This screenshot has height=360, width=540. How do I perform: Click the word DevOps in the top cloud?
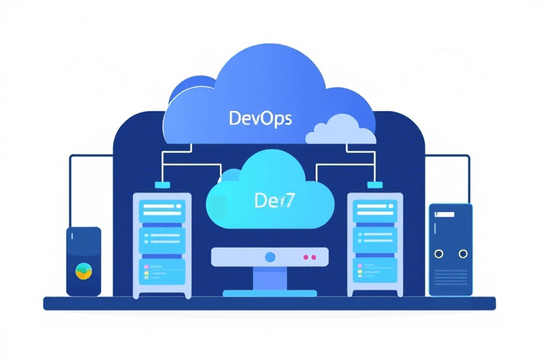(x=261, y=117)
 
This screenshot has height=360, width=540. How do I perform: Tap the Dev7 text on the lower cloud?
(x=274, y=200)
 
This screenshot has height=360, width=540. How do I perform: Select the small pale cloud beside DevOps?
(x=340, y=129)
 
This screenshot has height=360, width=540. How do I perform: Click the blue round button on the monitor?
(x=270, y=257)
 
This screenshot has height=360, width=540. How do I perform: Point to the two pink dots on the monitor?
(x=309, y=258)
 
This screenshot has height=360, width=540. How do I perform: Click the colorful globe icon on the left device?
(x=83, y=270)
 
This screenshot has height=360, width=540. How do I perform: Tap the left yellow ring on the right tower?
(x=439, y=253)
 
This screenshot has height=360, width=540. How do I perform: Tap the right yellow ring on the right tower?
(x=463, y=253)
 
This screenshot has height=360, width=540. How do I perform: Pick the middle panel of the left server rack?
(x=161, y=239)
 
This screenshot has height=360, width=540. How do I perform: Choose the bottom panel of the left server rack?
(x=161, y=270)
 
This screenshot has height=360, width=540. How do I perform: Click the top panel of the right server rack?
(x=374, y=209)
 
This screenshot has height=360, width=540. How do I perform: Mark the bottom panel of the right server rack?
(x=374, y=270)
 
